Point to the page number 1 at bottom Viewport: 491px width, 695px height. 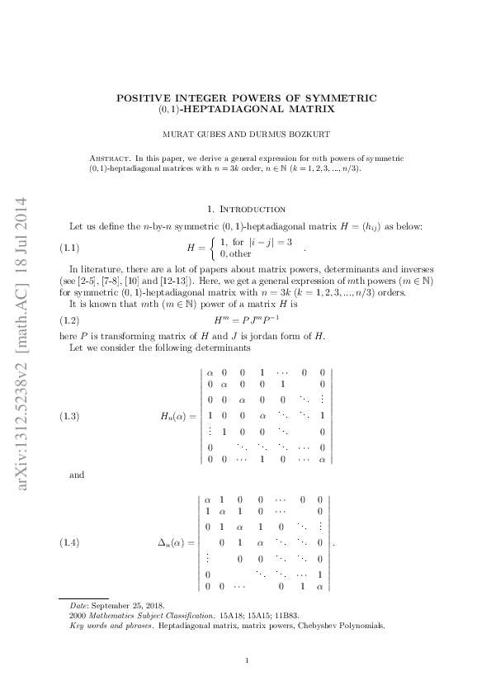(x=246, y=660)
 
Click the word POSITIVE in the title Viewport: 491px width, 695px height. (x=144, y=97)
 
